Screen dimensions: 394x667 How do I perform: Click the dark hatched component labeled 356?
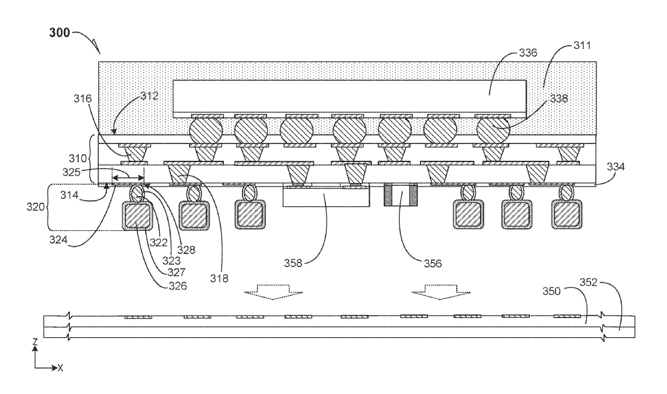tap(399, 196)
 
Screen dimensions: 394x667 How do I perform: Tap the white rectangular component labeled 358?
tap(317, 198)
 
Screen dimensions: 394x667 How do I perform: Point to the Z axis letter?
tap(35, 342)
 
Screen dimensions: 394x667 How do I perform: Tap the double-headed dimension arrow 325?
tap(129, 178)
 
